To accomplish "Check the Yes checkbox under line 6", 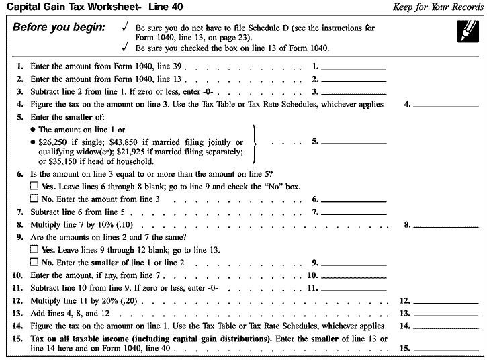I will point(34,186).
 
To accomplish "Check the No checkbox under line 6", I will point(34,199).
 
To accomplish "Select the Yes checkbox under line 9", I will point(34,249).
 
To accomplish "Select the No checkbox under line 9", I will point(34,262).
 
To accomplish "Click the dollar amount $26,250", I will point(54,142).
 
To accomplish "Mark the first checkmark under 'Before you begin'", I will point(124,28).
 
